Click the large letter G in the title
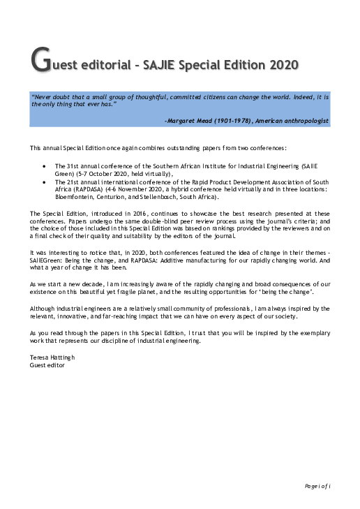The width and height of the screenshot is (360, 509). click(40, 61)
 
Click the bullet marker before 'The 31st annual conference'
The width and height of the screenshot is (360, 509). click(45, 166)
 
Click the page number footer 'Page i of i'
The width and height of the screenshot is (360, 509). click(317, 485)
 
